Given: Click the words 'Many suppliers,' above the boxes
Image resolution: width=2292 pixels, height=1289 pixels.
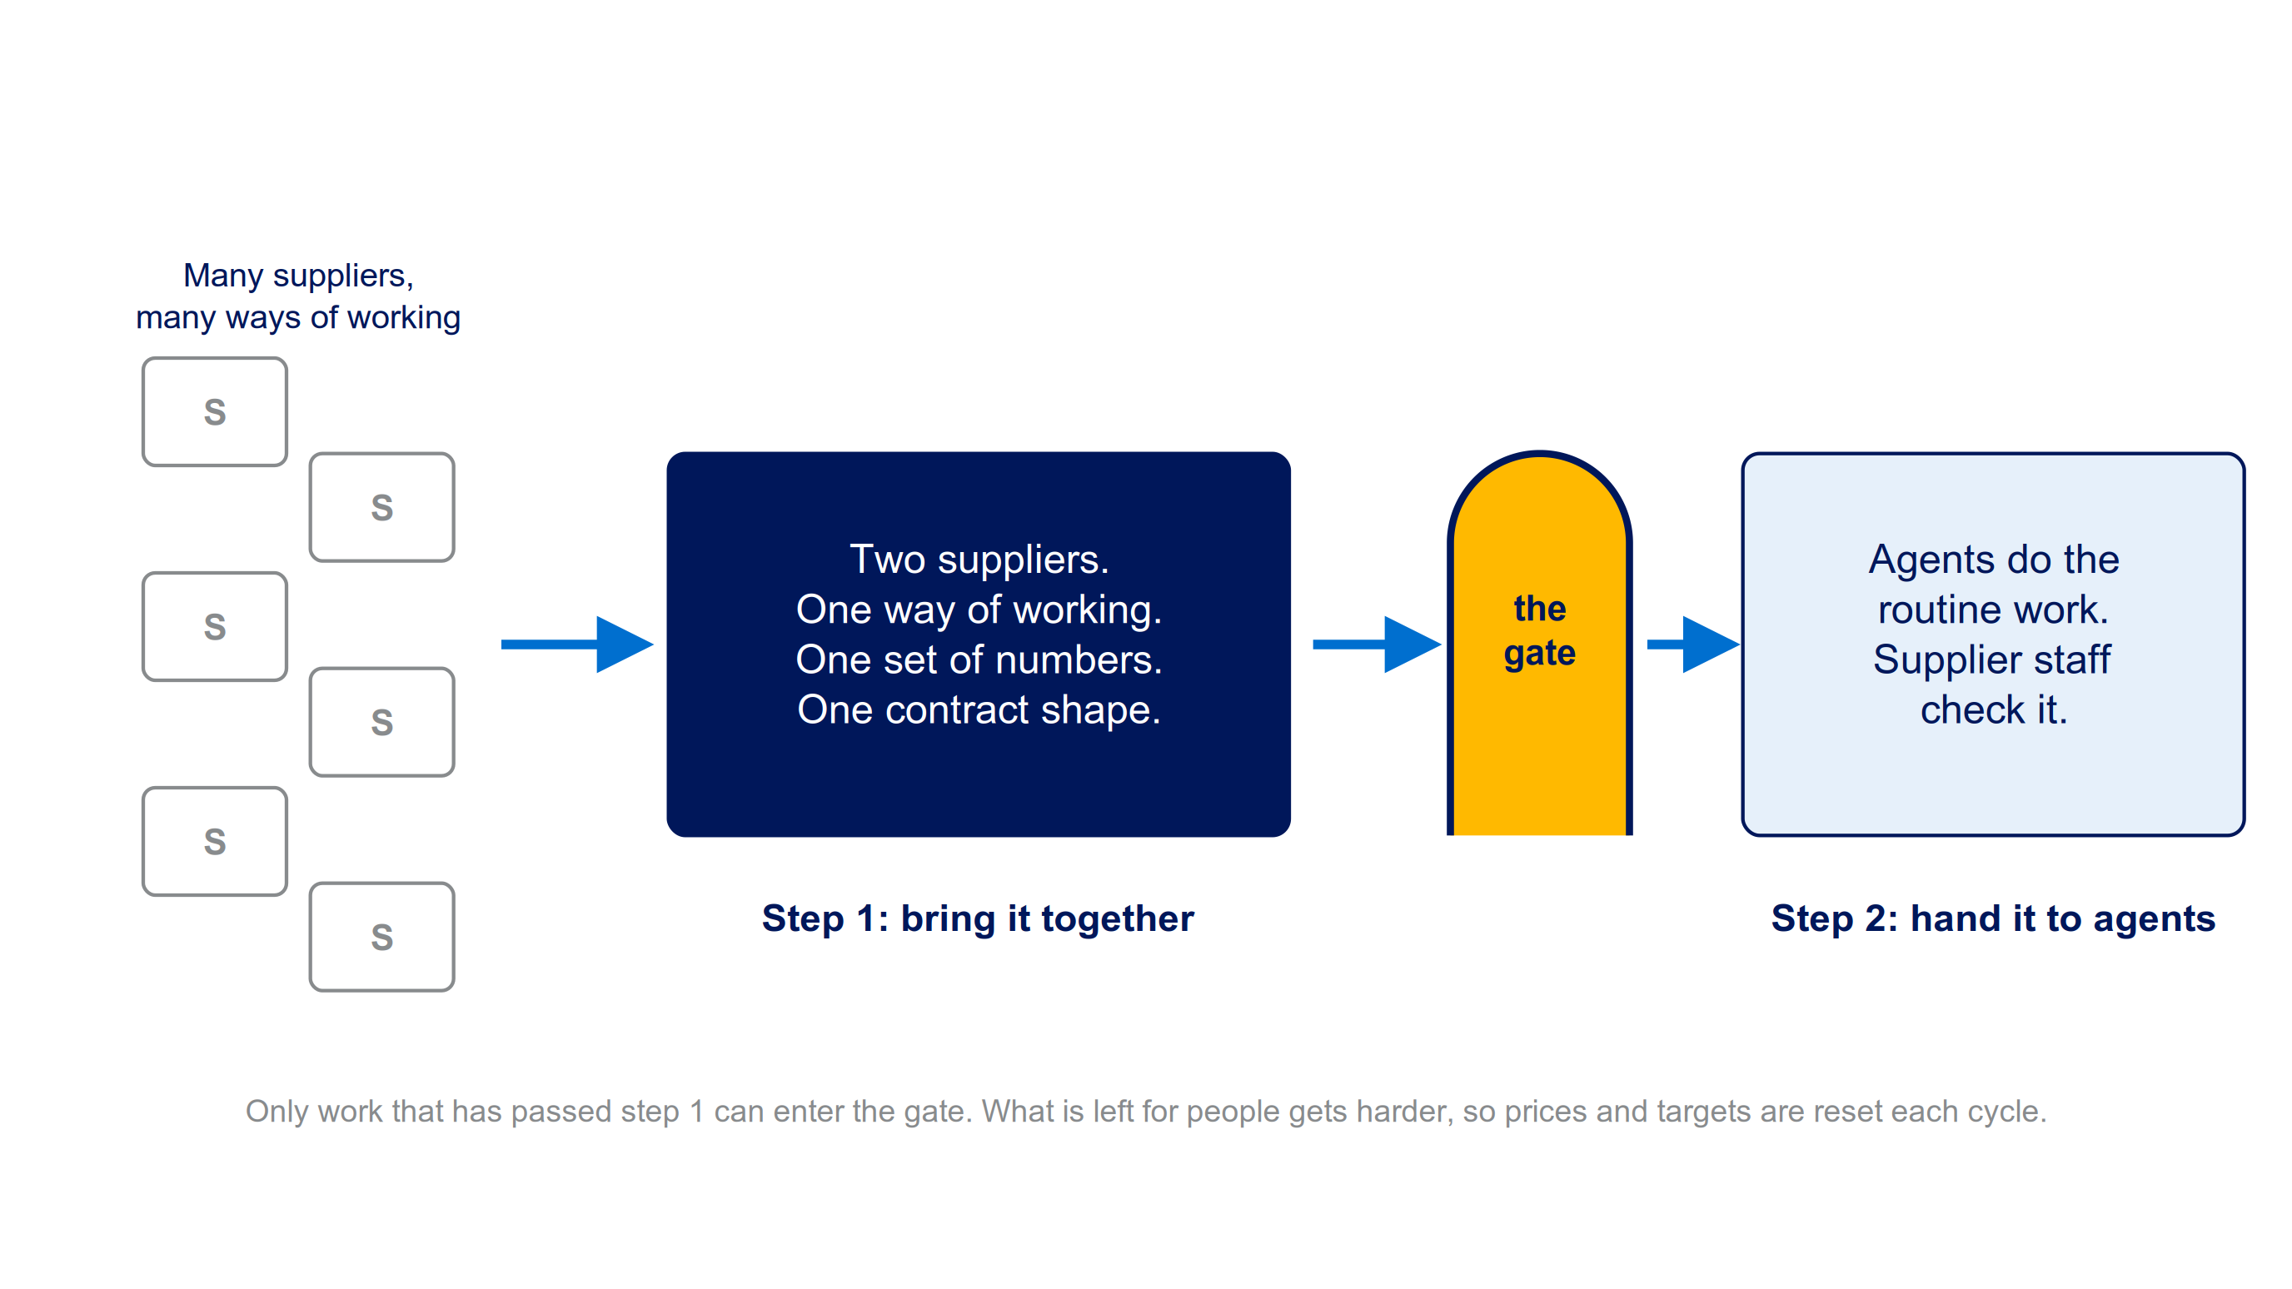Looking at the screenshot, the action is pyautogui.click(x=298, y=276).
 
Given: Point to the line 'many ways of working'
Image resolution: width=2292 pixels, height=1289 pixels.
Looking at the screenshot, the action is pyautogui.click(x=298, y=317).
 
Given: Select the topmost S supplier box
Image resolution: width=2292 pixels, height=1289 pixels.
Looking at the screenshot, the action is pyautogui.click(x=214, y=412).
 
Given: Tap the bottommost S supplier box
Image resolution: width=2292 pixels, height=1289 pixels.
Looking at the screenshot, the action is pyautogui.click(x=381, y=937).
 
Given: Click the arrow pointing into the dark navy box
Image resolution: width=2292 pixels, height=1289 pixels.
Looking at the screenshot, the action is pyautogui.click(x=577, y=644).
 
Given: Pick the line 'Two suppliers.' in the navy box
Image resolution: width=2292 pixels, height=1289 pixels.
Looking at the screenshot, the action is pyautogui.click(x=979, y=560).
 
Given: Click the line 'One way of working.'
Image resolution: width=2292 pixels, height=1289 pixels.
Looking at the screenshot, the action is pyautogui.click(x=979, y=610).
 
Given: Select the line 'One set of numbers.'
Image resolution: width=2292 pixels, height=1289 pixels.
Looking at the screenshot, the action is pyautogui.click(x=979, y=660).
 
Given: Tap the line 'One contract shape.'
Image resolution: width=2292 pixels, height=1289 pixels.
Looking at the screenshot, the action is pyautogui.click(x=979, y=710).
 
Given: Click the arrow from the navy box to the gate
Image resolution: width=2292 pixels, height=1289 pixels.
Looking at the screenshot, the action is pyautogui.click(x=1378, y=644).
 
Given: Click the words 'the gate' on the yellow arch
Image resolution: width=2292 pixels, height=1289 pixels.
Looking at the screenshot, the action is pyautogui.click(x=1539, y=630).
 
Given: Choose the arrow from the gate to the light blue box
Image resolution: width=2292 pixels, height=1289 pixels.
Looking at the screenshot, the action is pyautogui.click(x=1693, y=644).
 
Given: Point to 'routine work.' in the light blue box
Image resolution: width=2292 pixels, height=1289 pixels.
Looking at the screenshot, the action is pyautogui.click(x=1993, y=610).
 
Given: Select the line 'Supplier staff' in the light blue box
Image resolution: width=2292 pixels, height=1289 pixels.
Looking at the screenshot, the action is pyautogui.click(x=1992, y=660).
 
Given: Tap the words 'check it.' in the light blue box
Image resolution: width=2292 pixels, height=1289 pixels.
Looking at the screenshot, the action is pyautogui.click(x=1993, y=710).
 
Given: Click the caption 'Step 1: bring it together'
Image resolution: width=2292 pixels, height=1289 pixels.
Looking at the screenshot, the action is pyautogui.click(x=978, y=919).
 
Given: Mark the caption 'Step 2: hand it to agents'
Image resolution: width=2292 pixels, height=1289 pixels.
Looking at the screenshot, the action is pyautogui.click(x=1993, y=919).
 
